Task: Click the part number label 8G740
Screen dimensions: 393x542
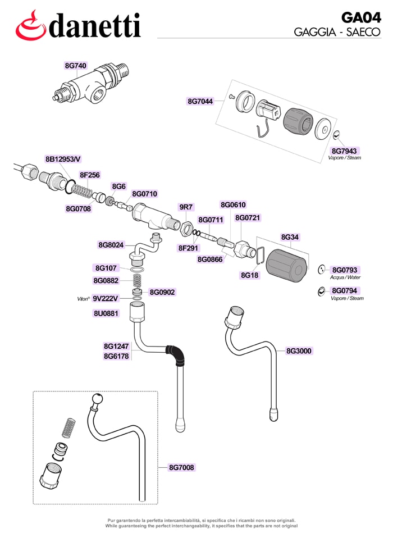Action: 75,66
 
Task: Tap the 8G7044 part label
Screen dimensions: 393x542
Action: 200,101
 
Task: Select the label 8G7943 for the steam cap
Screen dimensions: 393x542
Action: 344,151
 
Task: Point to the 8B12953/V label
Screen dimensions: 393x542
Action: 63,159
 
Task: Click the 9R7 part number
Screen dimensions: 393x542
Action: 186,207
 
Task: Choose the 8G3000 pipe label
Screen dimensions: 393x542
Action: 299,351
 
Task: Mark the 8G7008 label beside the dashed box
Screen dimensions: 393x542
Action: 181,467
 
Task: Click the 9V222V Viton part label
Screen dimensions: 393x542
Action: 105,298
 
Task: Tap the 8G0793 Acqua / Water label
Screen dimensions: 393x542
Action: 345,270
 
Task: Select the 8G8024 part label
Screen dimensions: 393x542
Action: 111,245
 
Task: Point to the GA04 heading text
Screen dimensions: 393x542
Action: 361,17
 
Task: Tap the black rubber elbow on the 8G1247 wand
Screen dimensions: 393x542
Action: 176,354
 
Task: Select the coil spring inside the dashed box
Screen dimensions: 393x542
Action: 69,428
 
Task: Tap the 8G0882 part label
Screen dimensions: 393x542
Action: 106,281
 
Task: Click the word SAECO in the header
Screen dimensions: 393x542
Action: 363,32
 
